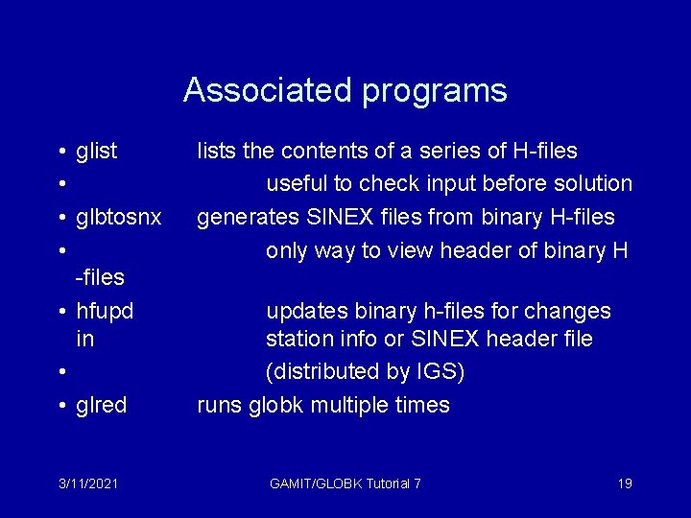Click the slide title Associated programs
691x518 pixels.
pyautogui.click(x=345, y=90)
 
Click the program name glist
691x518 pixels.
pyautogui.click(x=97, y=152)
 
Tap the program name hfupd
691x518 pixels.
pyautogui.click(x=105, y=312)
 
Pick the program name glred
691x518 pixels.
pyautogui.click(x=101, y=406)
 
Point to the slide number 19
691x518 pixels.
pyautogui.click(x=624, y=483)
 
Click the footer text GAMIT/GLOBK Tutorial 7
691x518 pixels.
pyautogui.click(x=345, y=483)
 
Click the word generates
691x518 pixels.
pyautogui.click(x=240, y=218)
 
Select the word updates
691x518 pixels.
pyautogui.click(x=306, y=312)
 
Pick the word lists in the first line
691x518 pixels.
pyautogui.click(x=215, y=152)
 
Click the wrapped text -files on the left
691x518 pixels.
pyautogui.click(x=100, y=278)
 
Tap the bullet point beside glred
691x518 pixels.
pyautogui.click(x=60, y=406)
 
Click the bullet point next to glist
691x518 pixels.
pyautogui.click(x=60, y=152)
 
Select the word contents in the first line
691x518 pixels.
pyautogui.click(x=324, y=152)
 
